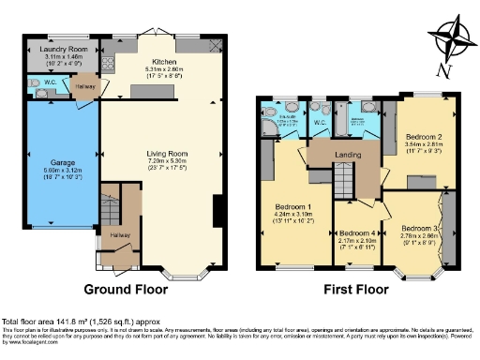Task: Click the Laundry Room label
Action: pos(65,48)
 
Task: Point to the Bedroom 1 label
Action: pos(295,205)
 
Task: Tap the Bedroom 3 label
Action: pos(420,228)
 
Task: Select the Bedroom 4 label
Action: pos(359,232)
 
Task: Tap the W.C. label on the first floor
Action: pos(319,120)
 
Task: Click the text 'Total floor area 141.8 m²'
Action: pos(61,322)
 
